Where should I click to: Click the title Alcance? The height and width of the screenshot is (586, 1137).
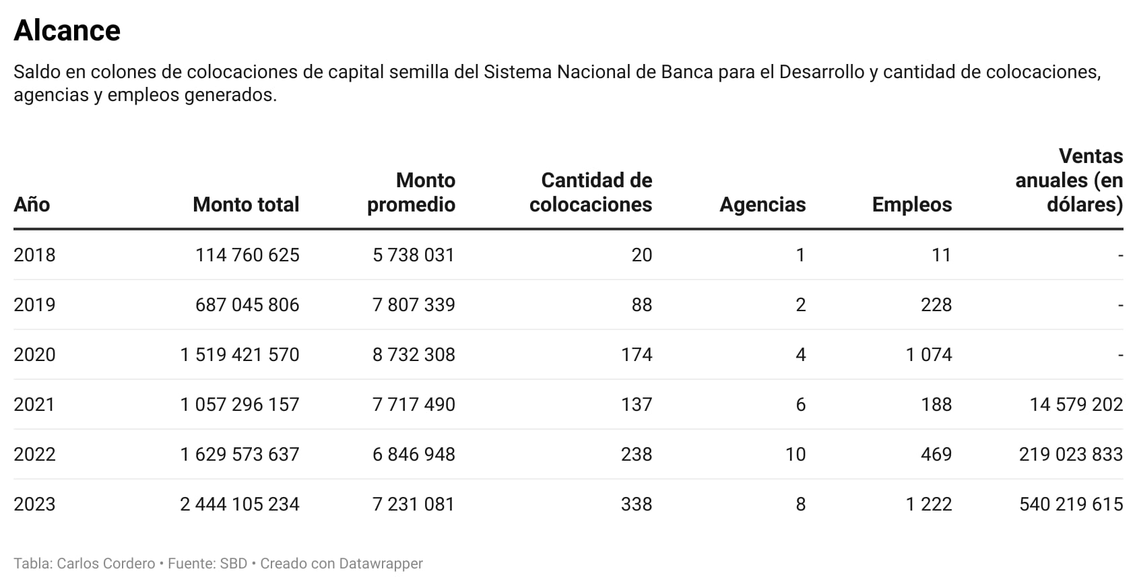tap(67, 31)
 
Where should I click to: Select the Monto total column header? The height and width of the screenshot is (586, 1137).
tap(246, 205)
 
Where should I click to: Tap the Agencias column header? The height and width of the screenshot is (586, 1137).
tap(762, 205)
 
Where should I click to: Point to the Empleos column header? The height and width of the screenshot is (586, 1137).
tap(911, 205)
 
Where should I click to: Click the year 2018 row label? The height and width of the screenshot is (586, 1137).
tap(34, 255)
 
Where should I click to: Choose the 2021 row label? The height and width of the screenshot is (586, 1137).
tap(34, 405)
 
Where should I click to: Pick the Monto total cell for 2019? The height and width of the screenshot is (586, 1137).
tap(247, 305)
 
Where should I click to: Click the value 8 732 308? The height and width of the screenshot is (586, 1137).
tap(414, 355)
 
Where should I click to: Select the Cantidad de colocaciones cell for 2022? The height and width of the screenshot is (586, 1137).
tap(636, 455)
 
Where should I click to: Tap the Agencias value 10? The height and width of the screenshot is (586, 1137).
tap(795, 455)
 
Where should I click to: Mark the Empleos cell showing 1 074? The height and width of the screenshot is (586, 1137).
tap(928, 355)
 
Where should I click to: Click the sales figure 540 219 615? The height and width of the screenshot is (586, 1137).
tap(1070, 504)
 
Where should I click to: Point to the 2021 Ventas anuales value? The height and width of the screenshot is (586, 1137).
tap(1076, 405)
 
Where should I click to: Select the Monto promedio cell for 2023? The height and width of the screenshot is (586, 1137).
tap(414, 504)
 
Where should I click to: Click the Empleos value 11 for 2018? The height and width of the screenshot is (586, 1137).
tap(941, 255)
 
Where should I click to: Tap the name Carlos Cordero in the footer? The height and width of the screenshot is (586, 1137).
tap(106, 564)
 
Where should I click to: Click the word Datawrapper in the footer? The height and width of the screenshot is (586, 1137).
tap(381, 564)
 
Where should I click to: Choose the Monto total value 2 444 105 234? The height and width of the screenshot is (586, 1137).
tap(239, 504)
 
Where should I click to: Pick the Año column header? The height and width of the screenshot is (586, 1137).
tap(32, 205)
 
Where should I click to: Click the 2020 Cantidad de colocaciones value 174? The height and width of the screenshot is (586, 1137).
tap(636, 355)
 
